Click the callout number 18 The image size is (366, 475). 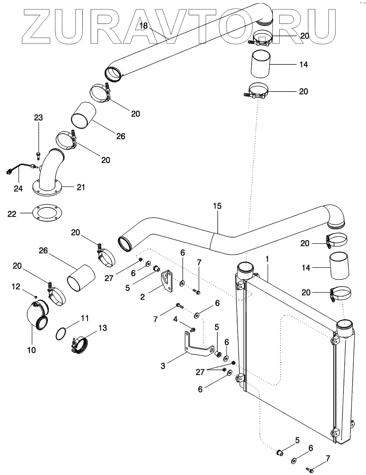(x=144, y=26)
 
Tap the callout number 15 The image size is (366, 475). (x=217, y=206)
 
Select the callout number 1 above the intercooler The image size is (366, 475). (x=267, y=259)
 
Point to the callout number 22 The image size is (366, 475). (x=12, y=214)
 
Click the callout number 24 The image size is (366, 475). (x=18, y=189)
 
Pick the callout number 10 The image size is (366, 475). (x=32, y=350)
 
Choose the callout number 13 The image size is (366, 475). (x=103, y=328)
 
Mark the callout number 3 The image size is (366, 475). (x=163, y=366)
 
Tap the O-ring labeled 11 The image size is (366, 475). (x=62, y=333)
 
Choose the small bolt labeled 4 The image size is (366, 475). (x=193, y=329)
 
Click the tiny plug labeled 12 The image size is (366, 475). (x=36, y=297)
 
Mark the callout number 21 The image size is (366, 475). (x=81, y=187)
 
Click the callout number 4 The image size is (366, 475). (x=175, y=320)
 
